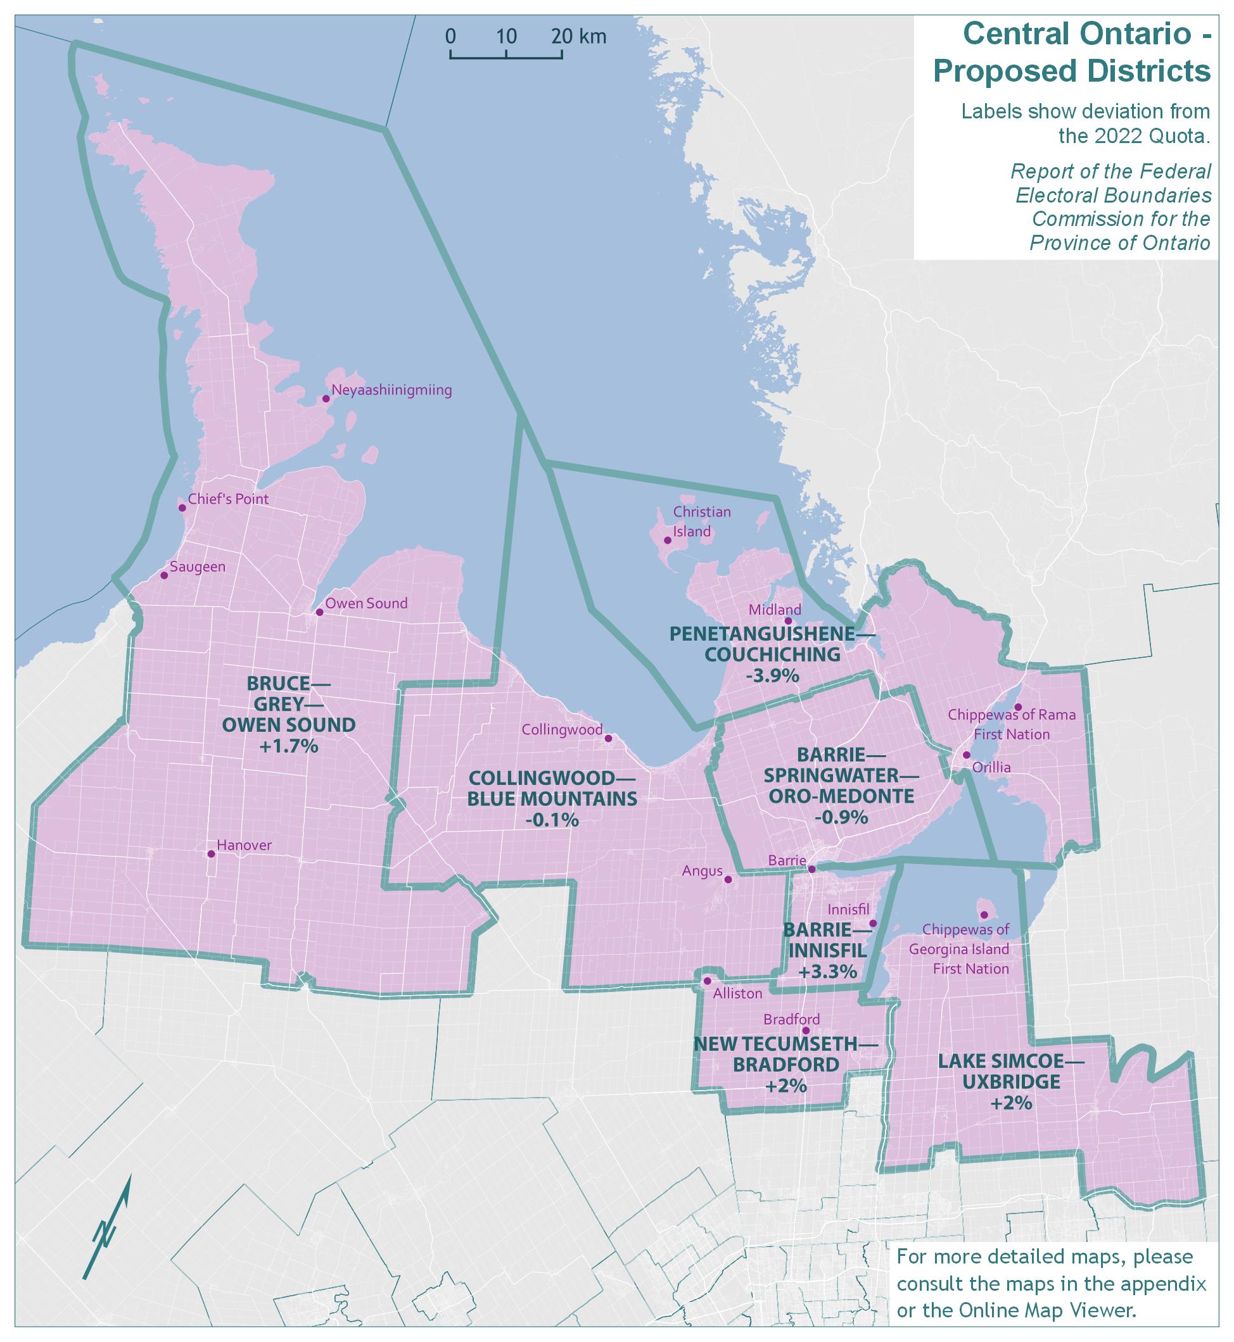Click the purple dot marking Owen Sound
[x=319, y=612]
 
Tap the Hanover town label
[x=245, y=846]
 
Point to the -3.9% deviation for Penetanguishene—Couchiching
[x=773, y=675]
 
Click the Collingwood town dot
[x=607, y=739]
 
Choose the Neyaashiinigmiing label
[x=391, y=391]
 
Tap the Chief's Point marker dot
[x=182, y=508]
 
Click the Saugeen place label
[x=198, y=567]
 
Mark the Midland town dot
[x=788, y=620]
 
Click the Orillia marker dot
[x=965, y=755]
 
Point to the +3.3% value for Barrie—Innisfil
[x=827, y=972]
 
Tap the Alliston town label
[x=737, y=994]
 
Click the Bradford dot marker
[x=805, y=1031]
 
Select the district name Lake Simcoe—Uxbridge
[x=1011, y=1071]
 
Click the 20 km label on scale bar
[x=578, y=36]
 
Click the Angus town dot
[x=728, y=879]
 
